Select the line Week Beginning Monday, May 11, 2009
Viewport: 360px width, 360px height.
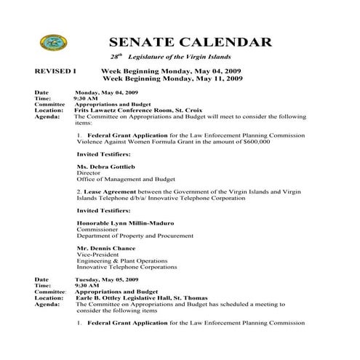click(172, 78)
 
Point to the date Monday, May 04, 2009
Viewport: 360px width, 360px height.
click(106, 92)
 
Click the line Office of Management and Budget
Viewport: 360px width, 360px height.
click(127, 179)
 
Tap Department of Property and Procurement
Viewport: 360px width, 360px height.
click(136, 235)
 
